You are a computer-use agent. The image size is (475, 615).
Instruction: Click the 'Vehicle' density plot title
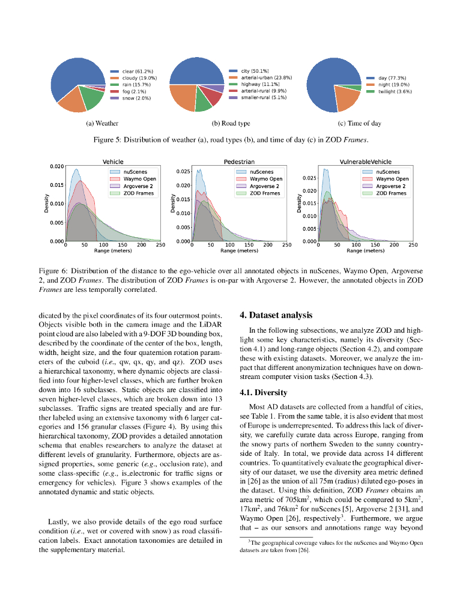113,162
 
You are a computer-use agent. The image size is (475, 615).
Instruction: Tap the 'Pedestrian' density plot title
239,162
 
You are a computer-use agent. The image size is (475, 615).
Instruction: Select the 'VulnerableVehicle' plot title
365,162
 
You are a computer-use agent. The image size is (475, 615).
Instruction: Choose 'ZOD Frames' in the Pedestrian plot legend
265,193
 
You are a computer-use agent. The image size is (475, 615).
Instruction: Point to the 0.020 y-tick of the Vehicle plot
56,166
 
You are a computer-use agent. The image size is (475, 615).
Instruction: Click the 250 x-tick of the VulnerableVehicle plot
413,245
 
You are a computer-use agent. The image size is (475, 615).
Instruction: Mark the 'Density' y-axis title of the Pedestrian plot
172,204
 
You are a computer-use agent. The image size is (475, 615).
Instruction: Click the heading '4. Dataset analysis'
276,315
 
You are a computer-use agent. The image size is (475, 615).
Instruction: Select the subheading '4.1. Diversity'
263,393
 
